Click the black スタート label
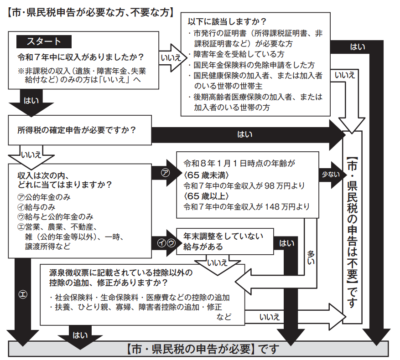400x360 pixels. (x=44, y=42)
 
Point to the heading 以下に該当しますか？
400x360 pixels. (x=228, y=21)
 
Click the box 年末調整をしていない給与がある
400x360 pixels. (x=223, y=242)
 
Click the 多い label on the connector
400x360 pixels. (x=311, y=257)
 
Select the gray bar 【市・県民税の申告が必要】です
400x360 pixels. (x=200, y=350)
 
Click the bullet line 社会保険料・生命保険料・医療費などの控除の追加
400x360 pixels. (x=140, y=298)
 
